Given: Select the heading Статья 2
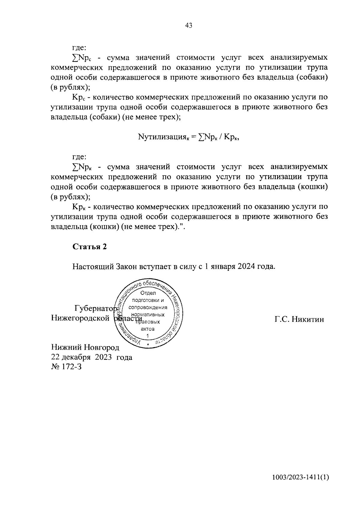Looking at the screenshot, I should coord(89,247).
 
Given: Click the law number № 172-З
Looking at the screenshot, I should coord(66,367).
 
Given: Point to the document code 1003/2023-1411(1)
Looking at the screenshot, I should coord(301,478).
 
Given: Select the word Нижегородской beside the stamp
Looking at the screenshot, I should coord(80,318).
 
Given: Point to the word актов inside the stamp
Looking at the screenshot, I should coord(148,329).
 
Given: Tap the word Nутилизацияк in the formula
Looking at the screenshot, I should coord(163,137).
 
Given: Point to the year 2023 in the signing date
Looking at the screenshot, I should coord(104,357).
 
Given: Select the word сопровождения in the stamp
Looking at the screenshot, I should coord(148,307).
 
